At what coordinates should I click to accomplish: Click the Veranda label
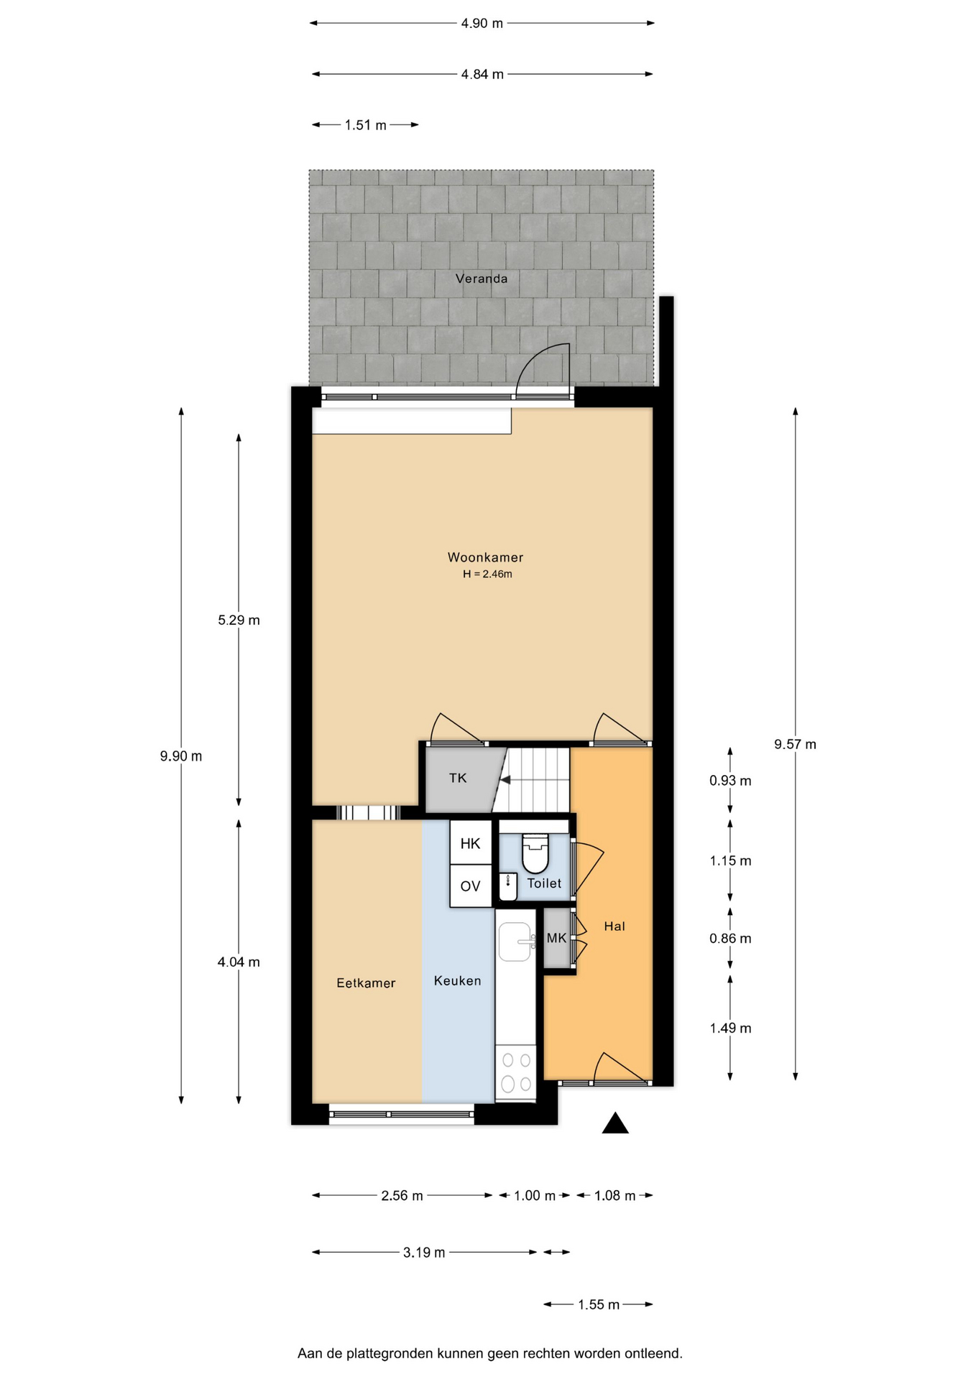(482, 279)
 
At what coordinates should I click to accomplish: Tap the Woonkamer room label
(485, 557)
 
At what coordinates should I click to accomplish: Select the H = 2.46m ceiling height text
(487, 574)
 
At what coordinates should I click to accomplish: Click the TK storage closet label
(458, 778)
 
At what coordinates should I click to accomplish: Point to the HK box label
(470, 844)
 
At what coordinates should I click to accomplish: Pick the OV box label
(470, 886)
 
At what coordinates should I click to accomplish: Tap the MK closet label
(556, 938)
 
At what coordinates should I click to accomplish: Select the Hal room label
(614, 927)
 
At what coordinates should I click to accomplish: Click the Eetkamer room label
(366, 983)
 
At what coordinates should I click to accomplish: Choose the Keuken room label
(457, 981)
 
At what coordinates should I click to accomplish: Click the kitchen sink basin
(515, 942)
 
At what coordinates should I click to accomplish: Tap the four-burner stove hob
(516, 1072)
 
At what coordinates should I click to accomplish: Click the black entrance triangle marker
(615, 1123)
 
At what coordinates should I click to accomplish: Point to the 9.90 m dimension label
(181, 756)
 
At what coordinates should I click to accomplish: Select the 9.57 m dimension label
(795, 744)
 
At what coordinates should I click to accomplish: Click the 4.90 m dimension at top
(482, 23)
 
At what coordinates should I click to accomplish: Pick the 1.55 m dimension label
(599, 1304)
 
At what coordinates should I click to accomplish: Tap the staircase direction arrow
(505, 780)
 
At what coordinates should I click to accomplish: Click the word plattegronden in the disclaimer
(399, 1354)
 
